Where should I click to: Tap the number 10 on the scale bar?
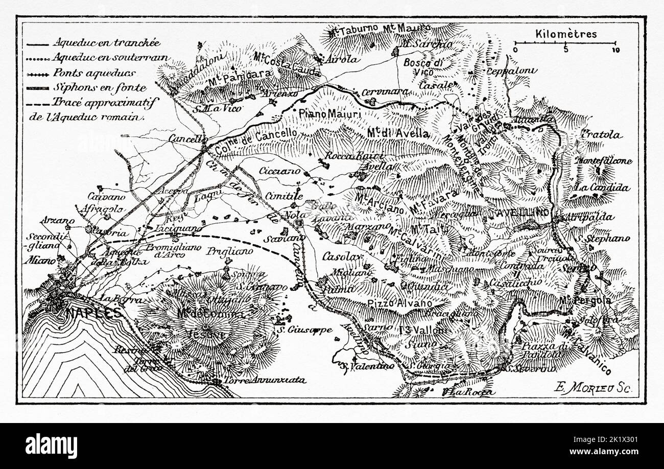[615, 50]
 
